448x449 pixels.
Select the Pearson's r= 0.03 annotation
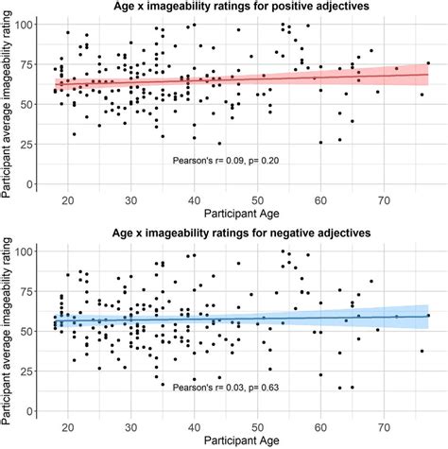tap(227, 387)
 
